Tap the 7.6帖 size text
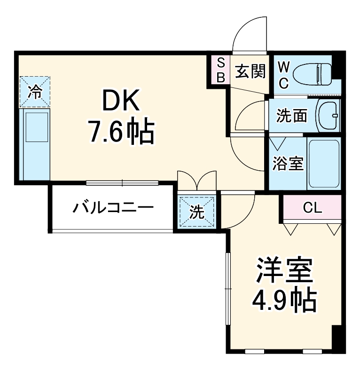[x=121, y=133]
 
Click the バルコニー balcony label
[x=113, y=207]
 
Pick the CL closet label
[x=312, y=207]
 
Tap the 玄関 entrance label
[x=250, y=71]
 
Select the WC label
[x=283, y=74]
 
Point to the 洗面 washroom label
[x=291, y=116]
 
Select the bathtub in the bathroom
[x=323, y=163]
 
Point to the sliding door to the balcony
[x=122, y=182]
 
